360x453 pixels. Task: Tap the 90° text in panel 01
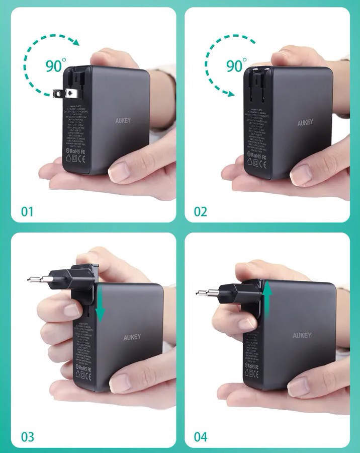pyautogui.click(x=55, y=65)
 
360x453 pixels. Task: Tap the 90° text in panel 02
pyautogui.click(x=236, y=65)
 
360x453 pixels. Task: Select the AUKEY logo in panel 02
pyautogui.click(x=305, y=123)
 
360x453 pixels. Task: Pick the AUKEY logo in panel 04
pyautogui.click(x=302, y=335)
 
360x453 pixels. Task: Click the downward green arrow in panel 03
pyautogui.click(x=101, y=304)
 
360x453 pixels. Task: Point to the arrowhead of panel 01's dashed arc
pyautogui.click(x=75, y=43)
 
